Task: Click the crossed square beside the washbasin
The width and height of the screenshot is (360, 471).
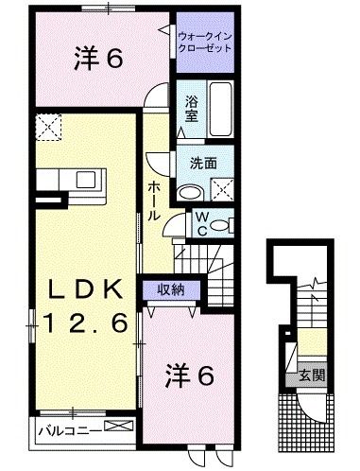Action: tap(224, 188)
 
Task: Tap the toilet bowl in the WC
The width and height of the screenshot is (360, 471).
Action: tap(218, 224)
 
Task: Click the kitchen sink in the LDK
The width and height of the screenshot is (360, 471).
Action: tap(82, 180)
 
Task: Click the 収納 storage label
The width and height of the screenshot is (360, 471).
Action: tap(170, 288)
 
